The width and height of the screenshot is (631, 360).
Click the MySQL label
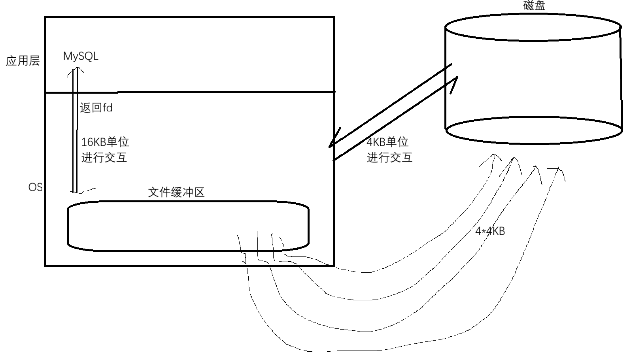tap(81, 57)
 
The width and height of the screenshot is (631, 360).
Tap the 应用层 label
tap(23, 61)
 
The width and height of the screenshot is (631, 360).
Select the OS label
tap(35, 187)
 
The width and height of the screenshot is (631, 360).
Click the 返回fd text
tap(96, 107)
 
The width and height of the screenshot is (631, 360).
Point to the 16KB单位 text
tap(105, 142)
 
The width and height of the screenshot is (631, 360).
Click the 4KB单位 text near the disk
tap(387, 142)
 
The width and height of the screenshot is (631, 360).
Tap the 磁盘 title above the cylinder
tap(534, 6)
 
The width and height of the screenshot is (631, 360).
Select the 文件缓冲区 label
tap(176, 192)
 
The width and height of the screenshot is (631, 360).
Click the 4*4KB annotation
tap(490, 231)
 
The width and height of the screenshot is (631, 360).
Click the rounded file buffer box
tap(188, 226)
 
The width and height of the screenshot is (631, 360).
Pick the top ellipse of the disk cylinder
tap(533, 28)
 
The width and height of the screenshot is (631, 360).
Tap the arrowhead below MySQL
tap(75, 70)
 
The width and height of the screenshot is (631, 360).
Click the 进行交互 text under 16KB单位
tap(104, 158)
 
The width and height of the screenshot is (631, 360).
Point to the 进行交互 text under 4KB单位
tap(389, 158)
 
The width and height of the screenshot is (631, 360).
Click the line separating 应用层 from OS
tap(190, 92)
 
